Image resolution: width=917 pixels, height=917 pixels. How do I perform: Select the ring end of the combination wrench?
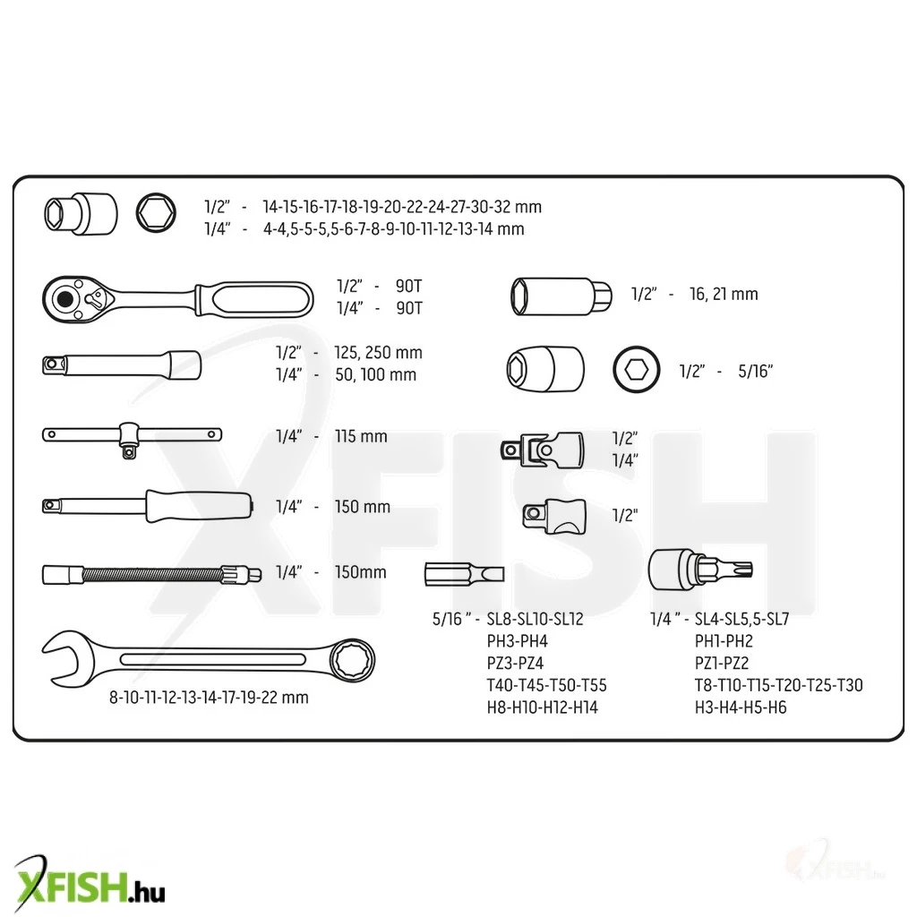[352, 660]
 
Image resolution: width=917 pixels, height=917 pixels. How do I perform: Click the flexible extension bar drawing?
[151, 574]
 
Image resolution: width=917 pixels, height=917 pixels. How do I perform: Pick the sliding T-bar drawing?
[132, 436]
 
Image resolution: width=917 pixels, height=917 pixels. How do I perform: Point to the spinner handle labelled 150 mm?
[148, 505]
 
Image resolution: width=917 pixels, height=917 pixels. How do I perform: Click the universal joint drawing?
[542, 450]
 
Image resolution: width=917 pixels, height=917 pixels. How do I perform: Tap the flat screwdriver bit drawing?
[464, 574]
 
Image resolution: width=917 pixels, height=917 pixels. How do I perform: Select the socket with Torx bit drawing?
[700, 569]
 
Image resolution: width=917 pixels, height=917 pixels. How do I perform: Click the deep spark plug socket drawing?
[561, 296]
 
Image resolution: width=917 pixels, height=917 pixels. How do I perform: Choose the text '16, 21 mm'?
[724, 294]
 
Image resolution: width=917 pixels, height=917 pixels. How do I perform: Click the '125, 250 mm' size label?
[378, 353]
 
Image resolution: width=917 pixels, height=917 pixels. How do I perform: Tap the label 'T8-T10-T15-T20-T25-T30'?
[778, 685]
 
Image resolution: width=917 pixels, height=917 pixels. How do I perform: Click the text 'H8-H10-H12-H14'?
[542, 707]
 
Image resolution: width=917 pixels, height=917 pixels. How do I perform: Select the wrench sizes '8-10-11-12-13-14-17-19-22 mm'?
[209, 697]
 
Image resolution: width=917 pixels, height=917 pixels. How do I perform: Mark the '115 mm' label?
[361, 436]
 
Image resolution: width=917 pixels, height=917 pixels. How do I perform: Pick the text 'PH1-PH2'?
[724, 641]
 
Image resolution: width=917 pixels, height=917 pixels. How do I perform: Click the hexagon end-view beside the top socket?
[156, 213]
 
